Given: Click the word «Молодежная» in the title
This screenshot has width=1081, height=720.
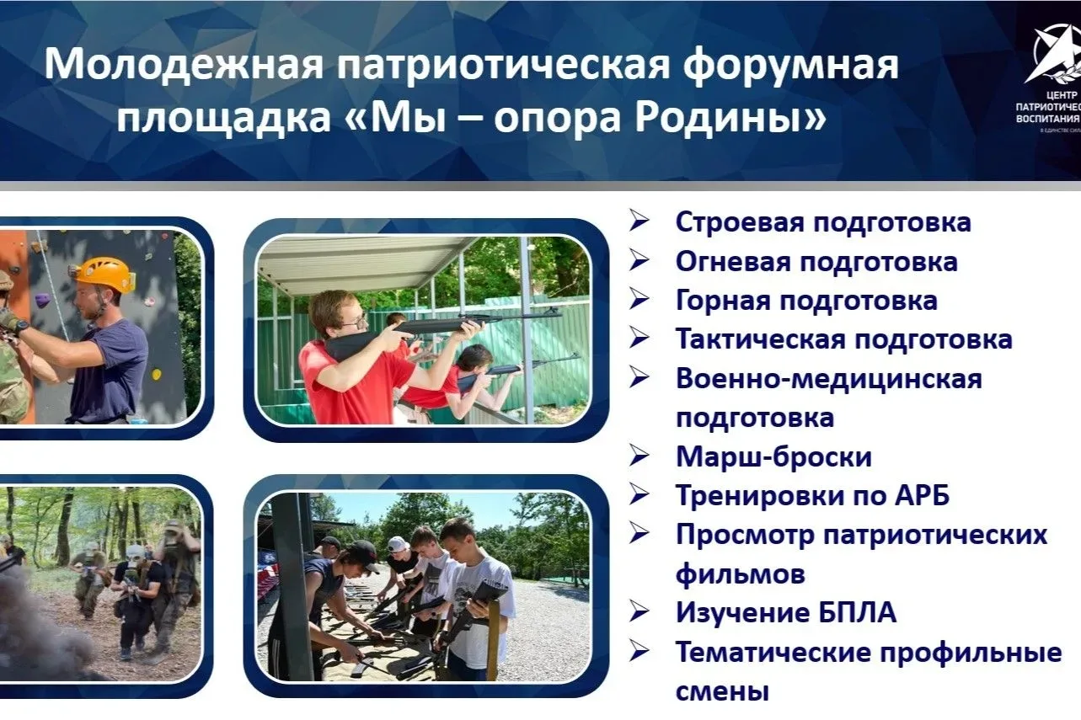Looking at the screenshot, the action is coord(184,65).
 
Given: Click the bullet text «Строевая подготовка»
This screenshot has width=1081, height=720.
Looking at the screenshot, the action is coord(823,222).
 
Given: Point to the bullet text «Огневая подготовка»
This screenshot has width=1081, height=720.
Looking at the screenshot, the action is coord(816,261).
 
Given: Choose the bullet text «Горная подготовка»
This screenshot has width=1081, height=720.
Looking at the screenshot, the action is coord(806,301).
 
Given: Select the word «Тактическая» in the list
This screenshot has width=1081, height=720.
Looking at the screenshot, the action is coord(760,339).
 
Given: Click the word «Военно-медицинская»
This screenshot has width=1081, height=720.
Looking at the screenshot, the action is coord(828,379).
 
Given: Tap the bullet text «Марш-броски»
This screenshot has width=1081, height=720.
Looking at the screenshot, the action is coord(773,456).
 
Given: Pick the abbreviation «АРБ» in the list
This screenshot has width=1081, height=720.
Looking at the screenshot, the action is coord(923,495).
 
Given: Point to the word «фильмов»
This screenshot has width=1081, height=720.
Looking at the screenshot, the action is coord(741,573).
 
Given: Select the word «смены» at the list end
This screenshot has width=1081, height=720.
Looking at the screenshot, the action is coord(722,692).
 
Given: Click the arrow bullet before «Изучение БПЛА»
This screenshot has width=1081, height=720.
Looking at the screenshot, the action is coord(639,612).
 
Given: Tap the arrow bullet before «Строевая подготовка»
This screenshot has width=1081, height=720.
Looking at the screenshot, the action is coord(639,221).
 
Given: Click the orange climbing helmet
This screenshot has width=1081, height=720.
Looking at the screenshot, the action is coord(104,275).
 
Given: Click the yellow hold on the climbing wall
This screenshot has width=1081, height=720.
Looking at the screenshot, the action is coord(157,374).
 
